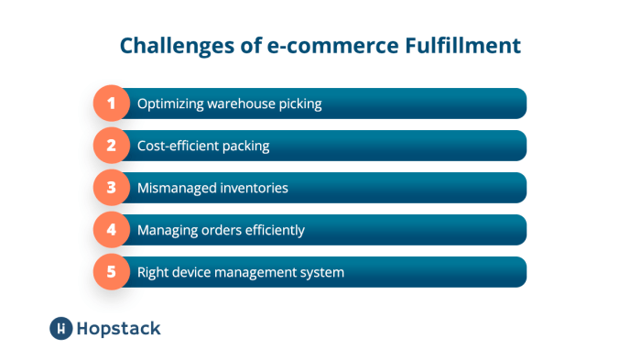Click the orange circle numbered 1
click(112, 104)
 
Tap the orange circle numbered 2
click(112, 146)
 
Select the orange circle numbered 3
click(112, 188)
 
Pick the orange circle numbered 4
click(112, 230)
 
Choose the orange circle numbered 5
click(112, 272)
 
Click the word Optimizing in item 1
click(169, 104)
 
